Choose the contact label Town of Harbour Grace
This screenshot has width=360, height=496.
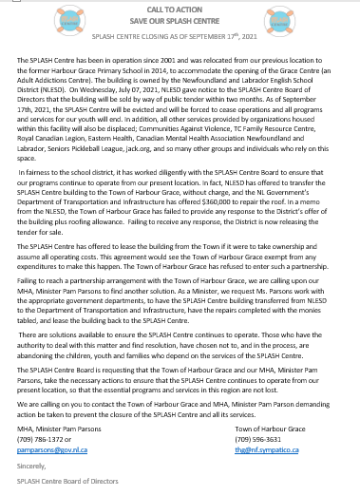click(270, 429)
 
